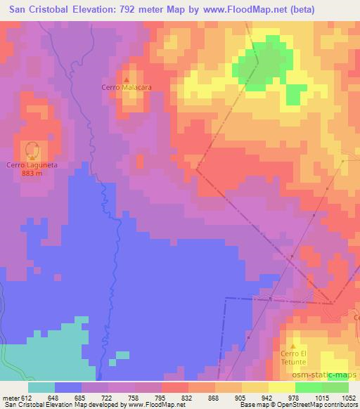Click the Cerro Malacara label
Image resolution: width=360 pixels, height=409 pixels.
pos(127,88)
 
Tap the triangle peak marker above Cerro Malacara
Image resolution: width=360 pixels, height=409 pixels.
pos(127,79)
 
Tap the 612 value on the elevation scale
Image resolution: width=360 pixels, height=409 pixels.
pos(28,398)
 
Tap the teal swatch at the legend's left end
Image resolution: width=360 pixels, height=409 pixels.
pos(41,387)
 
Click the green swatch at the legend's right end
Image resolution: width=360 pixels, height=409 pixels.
pos(335,387)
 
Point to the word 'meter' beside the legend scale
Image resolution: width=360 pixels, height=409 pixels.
pos(11,398)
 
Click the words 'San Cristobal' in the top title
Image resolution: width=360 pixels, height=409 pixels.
pos(36,9)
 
